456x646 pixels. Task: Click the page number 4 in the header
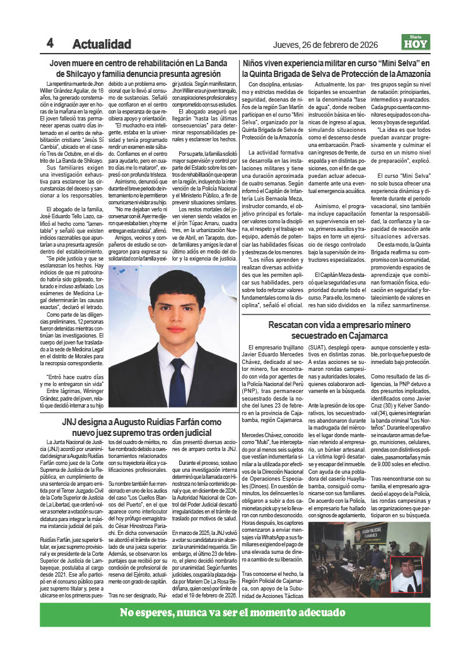click(x=49, y=43)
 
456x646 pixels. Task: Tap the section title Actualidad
click(x=102, y=44)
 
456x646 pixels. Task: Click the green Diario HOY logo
click(x=416, y=42)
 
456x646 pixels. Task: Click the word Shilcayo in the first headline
click(x=74, y=74)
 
